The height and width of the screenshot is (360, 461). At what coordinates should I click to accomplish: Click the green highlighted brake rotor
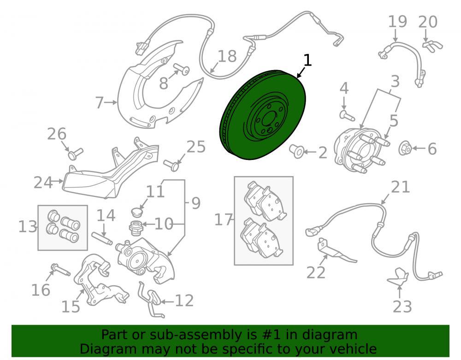pos(263,115)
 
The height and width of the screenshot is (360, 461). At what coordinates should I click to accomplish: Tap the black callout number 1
pos(307,60)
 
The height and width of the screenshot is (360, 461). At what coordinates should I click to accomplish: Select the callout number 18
pos(227,56)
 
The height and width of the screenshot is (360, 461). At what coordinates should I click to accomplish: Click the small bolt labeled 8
pos(181,69)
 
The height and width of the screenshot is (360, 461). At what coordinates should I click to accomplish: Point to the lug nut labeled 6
pos(405,148)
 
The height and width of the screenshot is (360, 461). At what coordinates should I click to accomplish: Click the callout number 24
pos(43,183)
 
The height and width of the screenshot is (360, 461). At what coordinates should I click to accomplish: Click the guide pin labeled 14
pos(102,238)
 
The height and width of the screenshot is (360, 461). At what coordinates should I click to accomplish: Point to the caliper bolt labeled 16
pos(60,270)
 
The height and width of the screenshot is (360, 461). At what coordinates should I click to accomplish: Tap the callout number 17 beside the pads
pos(224,220)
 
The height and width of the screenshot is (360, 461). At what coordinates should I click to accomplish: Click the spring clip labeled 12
pos(151,300)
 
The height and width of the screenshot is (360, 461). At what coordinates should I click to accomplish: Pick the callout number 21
pos(401,187)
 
